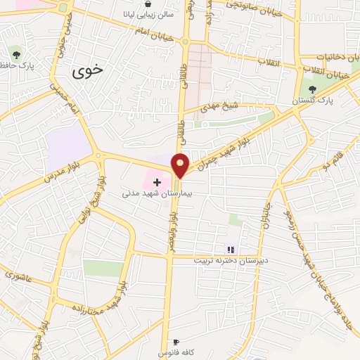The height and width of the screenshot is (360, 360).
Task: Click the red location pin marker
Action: coord(181,165)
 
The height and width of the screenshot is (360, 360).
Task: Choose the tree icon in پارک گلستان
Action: coord(312,89)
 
